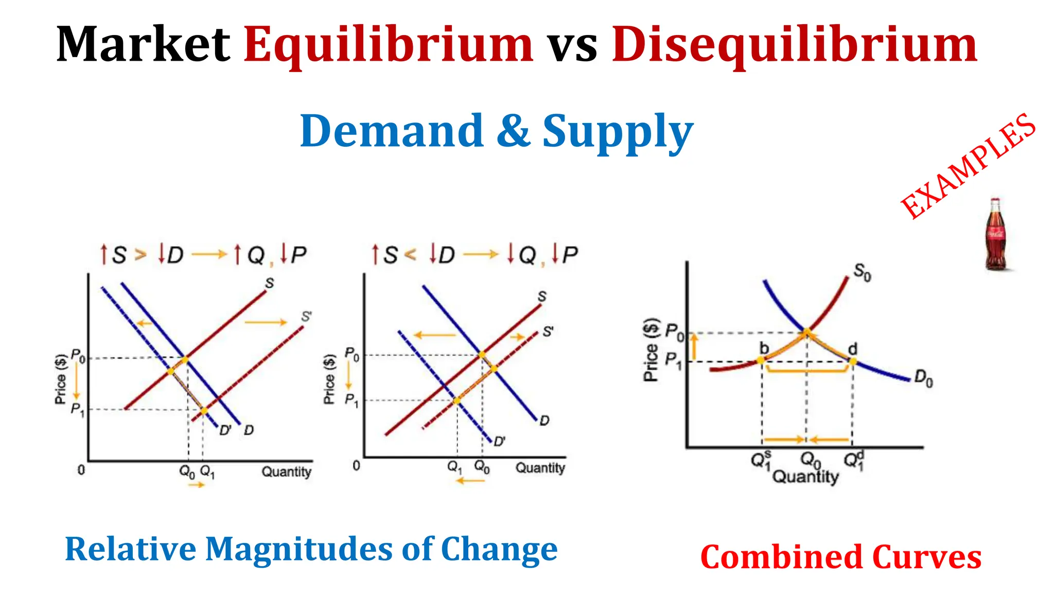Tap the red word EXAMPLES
click(968, 166)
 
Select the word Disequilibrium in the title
click(794, 45)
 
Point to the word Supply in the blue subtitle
click(618, 132)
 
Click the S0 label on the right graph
click(862, 272)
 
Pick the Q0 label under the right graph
click(810, 459)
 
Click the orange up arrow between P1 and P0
click(694, 346)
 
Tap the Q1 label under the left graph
click(207, 471)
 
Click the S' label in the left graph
click(306, 317)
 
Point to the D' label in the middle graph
click(499, 442)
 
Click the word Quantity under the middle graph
click(540, 467)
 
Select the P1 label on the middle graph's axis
click(352, 399)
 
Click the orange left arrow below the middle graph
click(470, 481)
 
